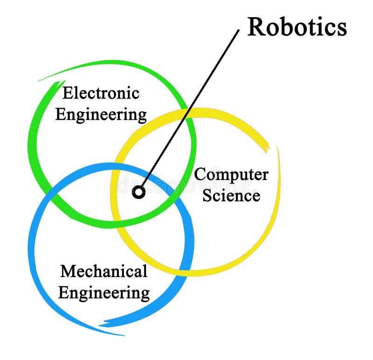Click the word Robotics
[x=297, y=27]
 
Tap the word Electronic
[x=101, y=93]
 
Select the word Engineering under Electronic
[x=101, y=114]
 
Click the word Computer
[x=231, y=175]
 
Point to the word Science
[x=231, y=195]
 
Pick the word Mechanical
[x=104, y=271]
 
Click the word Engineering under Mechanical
[x=104, y=293]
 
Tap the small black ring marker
[x=138, y=192]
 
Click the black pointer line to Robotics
[x=191, y=107]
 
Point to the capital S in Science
[x=207, y=195]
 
